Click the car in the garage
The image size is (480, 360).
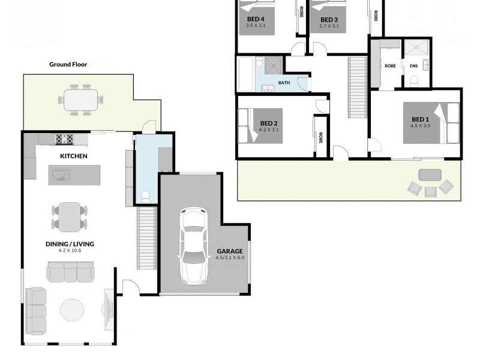(x=194, y=246)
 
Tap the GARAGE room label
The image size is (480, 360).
(x=230, y=251)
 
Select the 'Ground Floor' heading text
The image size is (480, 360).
(x=68, y=64)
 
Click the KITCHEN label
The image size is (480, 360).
(x=74, y=156)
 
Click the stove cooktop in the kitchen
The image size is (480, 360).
(x=64, y=139)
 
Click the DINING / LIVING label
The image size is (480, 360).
(x=70, y=244)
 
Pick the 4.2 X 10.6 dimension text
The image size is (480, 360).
(x=70, y=251)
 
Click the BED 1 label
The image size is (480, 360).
(x=420, y=119)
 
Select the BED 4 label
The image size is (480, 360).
(x=256, y=19)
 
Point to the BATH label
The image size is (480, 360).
(x=284, y=83)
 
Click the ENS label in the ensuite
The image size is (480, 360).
(x=413, y=66)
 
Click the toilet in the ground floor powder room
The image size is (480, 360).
(x=145, y=195)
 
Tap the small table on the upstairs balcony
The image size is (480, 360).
(x=430, y=175)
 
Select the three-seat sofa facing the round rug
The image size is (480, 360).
(x=70, y=273)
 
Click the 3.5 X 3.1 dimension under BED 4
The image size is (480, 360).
(x=256, y=26)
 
